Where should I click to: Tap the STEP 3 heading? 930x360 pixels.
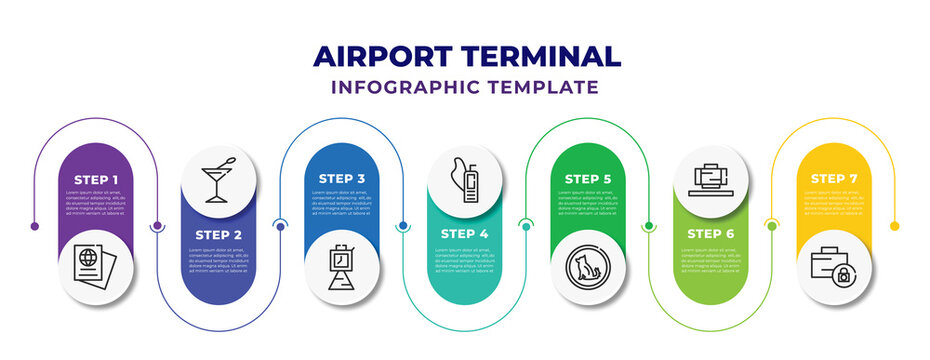tap(341, 179)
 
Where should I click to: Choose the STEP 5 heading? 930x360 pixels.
tap(587, 179)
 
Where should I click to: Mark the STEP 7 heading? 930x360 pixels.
tap(833, 179)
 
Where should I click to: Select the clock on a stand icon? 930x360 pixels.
tap(341, 265)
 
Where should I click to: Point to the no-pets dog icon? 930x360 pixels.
tap(587, 265)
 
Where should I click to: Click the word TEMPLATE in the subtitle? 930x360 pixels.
tap(546, 87)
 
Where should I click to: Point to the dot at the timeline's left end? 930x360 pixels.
tap(35, 226)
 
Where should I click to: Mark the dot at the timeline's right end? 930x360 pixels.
tap(895, 226)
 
